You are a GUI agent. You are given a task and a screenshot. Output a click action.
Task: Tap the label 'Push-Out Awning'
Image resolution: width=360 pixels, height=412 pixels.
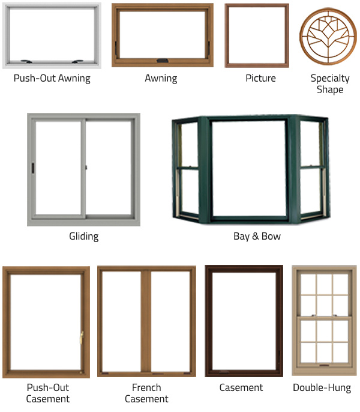point(52,78)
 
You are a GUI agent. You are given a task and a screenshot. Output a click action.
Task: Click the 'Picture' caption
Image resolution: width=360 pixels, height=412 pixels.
point(260,78)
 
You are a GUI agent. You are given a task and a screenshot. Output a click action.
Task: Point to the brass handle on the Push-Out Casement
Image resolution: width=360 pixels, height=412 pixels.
point(82,338)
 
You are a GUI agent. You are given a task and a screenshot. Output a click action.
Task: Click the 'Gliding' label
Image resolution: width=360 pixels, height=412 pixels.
point(84,236)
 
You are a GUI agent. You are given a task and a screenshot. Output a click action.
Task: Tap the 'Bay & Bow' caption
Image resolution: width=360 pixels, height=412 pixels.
point(257,236)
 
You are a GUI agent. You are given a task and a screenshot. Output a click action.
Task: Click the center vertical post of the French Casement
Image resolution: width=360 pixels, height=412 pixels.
point(146,321)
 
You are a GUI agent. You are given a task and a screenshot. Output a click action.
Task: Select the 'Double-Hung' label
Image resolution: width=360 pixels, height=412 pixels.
point(322,388)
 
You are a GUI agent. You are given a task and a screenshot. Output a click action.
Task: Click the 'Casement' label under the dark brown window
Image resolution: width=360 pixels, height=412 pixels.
point(241,387)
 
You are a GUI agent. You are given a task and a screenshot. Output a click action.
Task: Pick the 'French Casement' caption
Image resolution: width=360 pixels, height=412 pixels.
point(146,393)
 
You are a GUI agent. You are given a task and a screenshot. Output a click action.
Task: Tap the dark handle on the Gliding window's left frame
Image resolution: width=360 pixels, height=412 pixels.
point(33,168)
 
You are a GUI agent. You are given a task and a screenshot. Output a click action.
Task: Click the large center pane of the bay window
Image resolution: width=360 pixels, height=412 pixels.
point(248,168)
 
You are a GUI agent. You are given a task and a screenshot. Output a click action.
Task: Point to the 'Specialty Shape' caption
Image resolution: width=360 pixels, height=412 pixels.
point(330,84)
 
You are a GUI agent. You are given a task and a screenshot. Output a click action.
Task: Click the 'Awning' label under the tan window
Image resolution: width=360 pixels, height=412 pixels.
point(161,78)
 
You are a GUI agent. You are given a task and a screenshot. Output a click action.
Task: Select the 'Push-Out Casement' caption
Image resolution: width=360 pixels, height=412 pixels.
point(48,393)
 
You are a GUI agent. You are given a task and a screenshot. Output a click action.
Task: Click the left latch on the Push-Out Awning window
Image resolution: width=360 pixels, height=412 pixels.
point(26,61)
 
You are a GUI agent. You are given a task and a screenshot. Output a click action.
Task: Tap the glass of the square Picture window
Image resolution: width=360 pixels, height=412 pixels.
point(257,35)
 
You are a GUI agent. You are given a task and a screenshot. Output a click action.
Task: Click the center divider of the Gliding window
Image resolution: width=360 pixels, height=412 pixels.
point(83,168)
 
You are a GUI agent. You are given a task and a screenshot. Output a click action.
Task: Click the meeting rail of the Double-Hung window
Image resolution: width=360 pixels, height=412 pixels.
point(324,317)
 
